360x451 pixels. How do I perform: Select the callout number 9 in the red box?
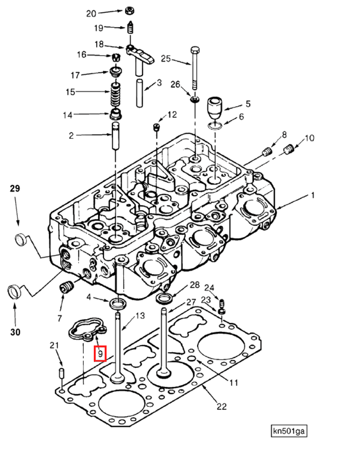coord(100,353)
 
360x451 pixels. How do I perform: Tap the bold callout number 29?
coord(15,189)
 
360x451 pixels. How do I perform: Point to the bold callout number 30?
coord(15,332)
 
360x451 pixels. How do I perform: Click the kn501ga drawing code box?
coord(289,431)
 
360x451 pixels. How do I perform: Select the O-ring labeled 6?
coord(215,125)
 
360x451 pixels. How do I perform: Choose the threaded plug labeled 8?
coord(268,151)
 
